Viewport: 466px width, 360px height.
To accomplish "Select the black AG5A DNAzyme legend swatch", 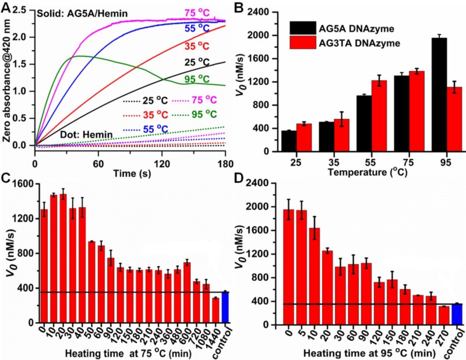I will click(303, 29).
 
